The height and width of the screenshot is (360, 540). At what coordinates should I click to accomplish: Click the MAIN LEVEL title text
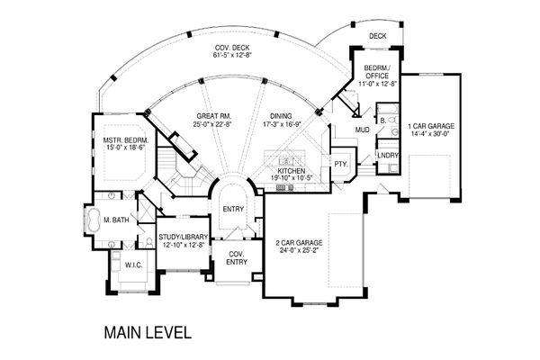coord(148,333)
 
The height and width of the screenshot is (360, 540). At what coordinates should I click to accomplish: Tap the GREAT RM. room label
coord(214,116)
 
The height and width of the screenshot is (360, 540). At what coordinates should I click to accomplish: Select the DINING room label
coord(281,116)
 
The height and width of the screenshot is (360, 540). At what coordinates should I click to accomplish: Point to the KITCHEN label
coord(292,171)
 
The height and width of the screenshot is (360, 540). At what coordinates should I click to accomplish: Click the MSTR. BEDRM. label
coord(126,140)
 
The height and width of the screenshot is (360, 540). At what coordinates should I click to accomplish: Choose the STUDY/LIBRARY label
coord(184,237)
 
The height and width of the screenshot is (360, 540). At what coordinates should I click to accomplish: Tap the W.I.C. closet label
coord(133,265)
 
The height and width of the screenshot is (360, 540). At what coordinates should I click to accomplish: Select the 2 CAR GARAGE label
coord(299,243)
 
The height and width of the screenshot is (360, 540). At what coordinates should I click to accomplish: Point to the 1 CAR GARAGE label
coord(431,126)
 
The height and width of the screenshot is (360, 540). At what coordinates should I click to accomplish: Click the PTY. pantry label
coord(341,164)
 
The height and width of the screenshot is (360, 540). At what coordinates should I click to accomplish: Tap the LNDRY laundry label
coord(388,156)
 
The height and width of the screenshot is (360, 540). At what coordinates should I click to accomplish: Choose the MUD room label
coord(363,130)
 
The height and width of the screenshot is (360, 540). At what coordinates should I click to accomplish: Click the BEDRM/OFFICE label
coord(377,72)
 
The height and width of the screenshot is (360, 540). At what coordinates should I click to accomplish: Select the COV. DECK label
coord(232,48)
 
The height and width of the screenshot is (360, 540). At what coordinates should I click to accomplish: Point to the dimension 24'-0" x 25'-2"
coord(299,250)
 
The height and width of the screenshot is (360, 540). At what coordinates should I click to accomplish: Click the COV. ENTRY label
coord(237,258)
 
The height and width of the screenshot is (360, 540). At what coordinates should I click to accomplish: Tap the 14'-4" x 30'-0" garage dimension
coord(431,133)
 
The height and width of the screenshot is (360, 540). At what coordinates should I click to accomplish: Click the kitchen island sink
coord(286,161)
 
